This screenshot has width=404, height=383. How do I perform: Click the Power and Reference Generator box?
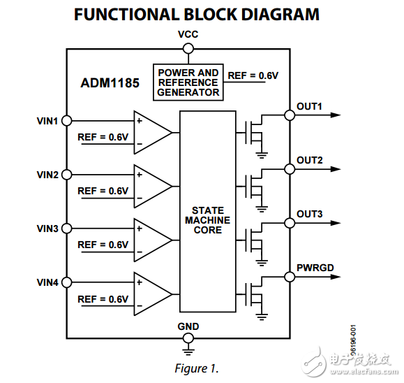(x=188, y=82)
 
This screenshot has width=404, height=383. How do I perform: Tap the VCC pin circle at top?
(x=188, y=48)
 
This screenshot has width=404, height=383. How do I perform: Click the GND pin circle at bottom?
(x=188, y=339)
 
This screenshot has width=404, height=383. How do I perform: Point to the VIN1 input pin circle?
(x=66, y=120)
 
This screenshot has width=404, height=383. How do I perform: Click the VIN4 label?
(x=47, y=282)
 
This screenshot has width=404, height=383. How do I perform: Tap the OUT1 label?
(x=309, y=106)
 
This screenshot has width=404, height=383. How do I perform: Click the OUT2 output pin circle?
(x=289, y=170)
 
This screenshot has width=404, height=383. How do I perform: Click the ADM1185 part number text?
(x=110, y=83)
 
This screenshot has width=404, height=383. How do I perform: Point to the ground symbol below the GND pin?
(x=188, y=352)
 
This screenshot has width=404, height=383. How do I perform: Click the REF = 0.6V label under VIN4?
(x=103, y=299)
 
